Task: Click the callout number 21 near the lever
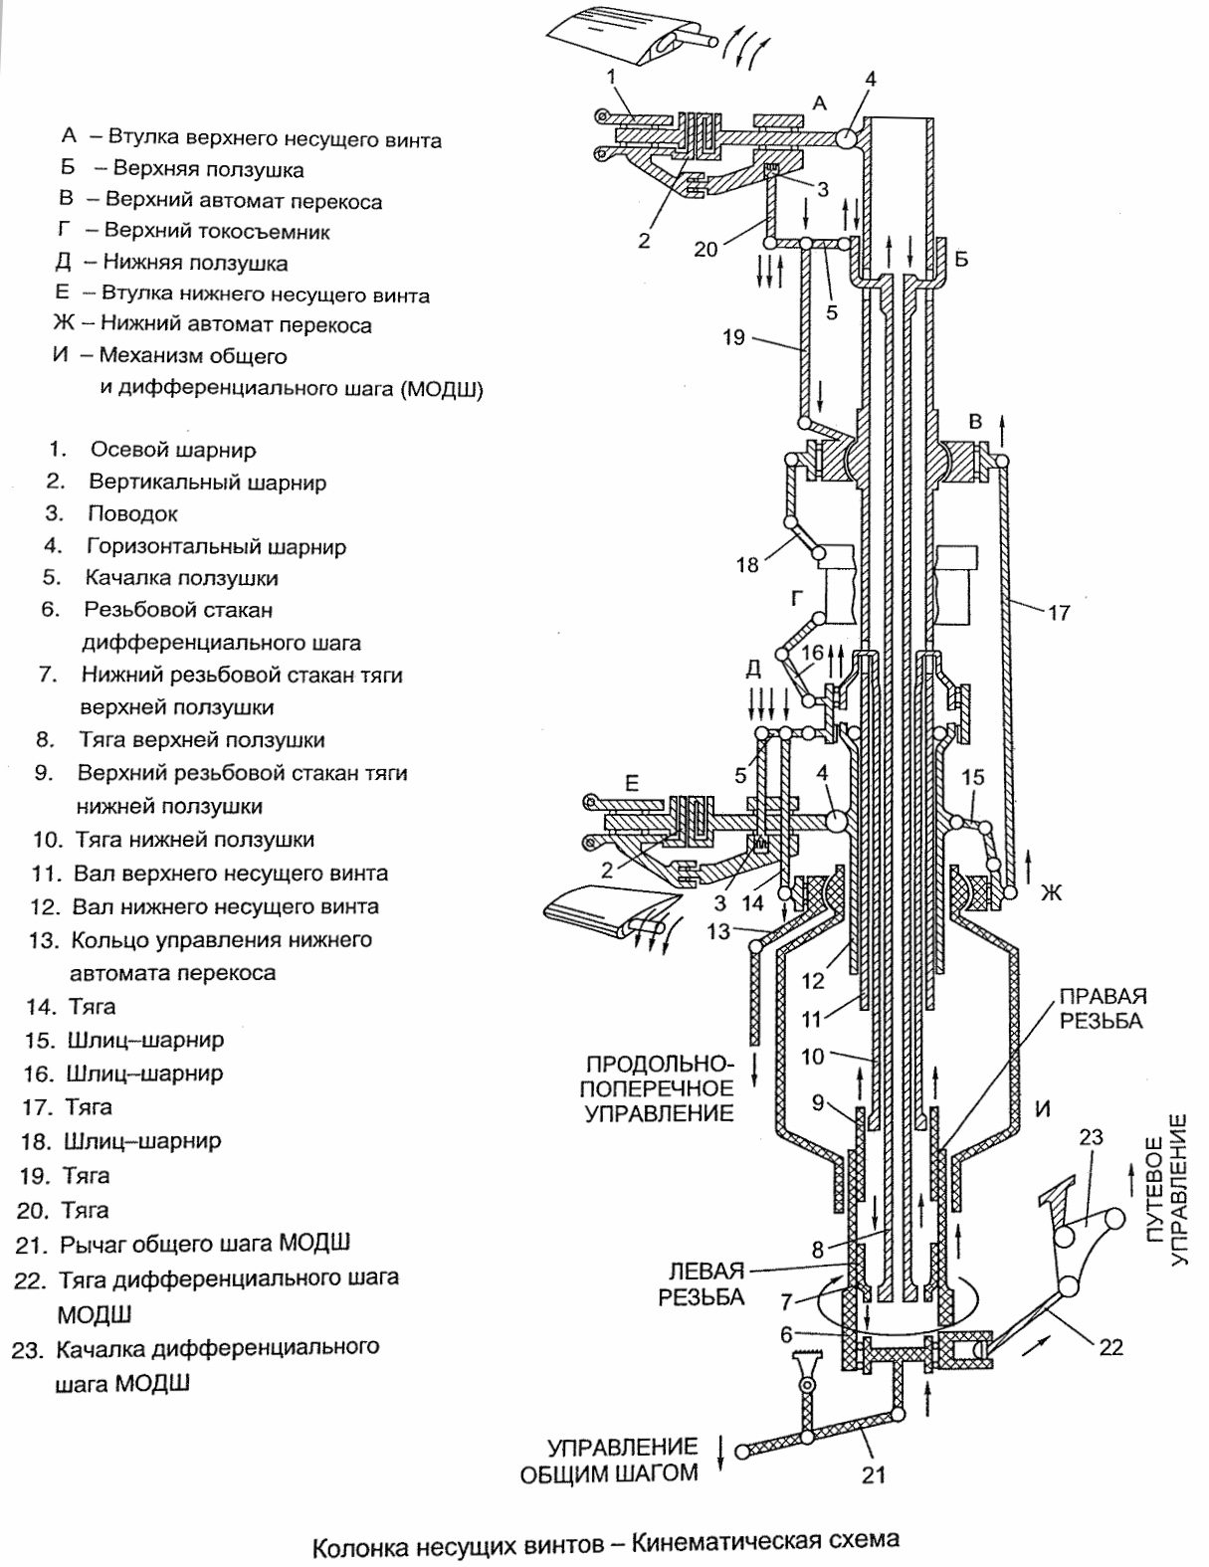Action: pos(872,1474)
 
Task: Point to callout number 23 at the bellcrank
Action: pos(1092,1136)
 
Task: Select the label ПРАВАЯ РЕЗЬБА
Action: pos(1102,1008)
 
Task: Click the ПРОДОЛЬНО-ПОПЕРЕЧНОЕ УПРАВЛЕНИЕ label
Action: pos(659,1086)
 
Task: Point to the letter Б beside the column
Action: pos(960,260)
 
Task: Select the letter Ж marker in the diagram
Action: pos(1051,892)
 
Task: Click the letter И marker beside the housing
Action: pos(1042,1107)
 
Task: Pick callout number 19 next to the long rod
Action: pos(733,337)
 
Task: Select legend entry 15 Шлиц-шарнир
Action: pos(144,1040)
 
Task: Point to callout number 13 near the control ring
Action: pos(718,932)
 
